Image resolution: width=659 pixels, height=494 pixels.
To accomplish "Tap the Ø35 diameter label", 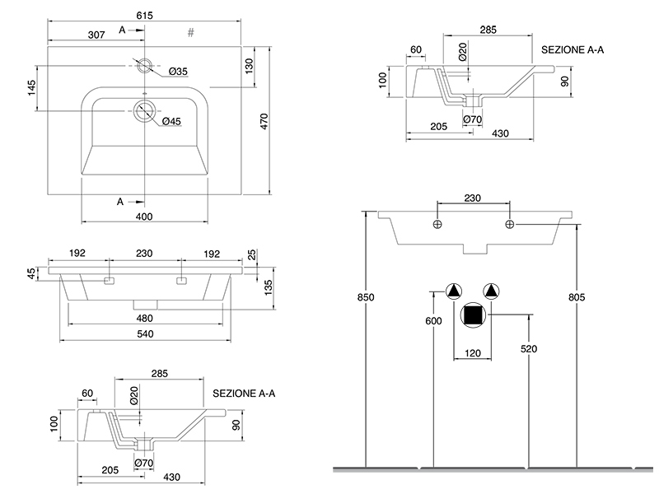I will [179, 72].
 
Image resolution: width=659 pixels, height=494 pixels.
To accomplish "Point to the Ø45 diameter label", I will [171, 121].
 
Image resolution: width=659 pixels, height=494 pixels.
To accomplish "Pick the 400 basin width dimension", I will [144, 217].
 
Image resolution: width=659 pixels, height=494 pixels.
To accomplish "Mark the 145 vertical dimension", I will [32, 89].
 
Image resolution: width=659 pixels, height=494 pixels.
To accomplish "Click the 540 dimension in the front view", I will [146, 333].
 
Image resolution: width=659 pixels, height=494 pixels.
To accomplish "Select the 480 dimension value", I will [146, 318].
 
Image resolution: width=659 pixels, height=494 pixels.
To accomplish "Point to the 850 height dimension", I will [353, 297].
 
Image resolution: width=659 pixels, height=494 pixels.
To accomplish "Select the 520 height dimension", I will [529, 349].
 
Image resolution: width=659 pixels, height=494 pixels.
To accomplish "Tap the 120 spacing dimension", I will [472, 353].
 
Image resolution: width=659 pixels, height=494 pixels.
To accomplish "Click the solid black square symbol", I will [472, 315].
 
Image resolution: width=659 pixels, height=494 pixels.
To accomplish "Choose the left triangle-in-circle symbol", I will [454, 291].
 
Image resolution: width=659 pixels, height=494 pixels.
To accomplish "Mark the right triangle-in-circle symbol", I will [492, 291].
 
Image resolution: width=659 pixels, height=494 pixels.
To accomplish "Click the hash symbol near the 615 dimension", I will [190, 33].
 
